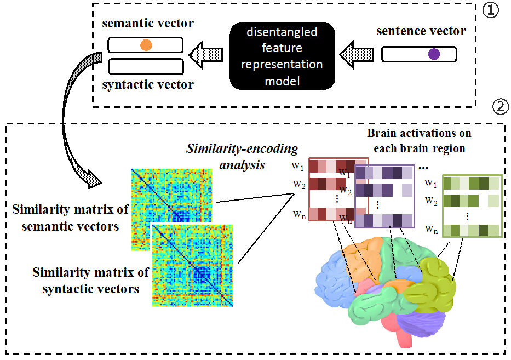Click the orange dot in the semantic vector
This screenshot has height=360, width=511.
pyautogui.click(x=145, y=45)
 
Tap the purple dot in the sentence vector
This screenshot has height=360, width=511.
pyautogui.click(x=434, y=54)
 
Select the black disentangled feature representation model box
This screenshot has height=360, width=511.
pyautogui.click(x=282, y=56)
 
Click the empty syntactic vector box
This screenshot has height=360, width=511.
pyautogui.click(x=145, y=66)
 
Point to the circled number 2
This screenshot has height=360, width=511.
pyautogui.click(x=501, y=108)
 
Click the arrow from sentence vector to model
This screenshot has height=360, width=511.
pyautogui.click(x=357, y=54)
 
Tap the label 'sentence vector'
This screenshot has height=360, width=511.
pyautogui.click(x=421, y=31)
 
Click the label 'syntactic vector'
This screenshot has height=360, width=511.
pyautogui.click(x=148, y=85)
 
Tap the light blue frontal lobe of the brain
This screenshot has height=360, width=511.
pyautogui.click(x=334, y=274)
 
